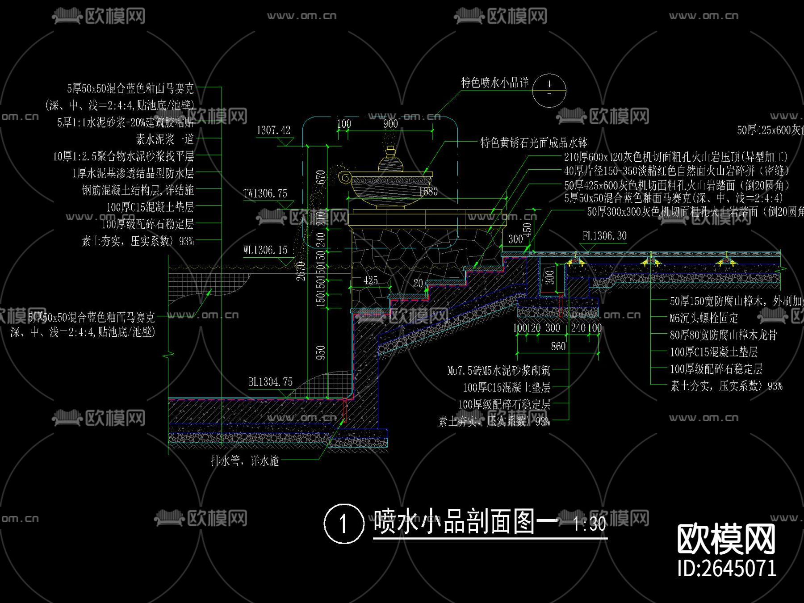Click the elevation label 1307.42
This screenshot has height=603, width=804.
tap(273, 130)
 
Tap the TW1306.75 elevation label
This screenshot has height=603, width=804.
tap(265, 193)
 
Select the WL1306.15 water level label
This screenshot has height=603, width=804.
tap(265, 250)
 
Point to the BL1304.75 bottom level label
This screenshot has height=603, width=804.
tap(270, 382)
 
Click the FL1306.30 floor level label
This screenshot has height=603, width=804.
tap(604, 236)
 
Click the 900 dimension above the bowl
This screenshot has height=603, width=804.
tap(390, 124)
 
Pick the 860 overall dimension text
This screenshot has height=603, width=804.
tap(558, 346)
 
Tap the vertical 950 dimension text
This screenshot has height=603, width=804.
tap(320, 352)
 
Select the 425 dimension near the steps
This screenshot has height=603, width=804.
tap(370, 281)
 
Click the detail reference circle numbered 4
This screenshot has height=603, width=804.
tap(549, 90)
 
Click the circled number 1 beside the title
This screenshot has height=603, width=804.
tap(343, 523)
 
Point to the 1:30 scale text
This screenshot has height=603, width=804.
tap(589, 523)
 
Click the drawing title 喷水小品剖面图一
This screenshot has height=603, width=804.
tap(465, 521)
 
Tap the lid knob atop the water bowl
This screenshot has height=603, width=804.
tap(390, 152)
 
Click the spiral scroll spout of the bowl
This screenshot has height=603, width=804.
tap(344, 177)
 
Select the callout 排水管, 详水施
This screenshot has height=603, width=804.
tap(245, 461)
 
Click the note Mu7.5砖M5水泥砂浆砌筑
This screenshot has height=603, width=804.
tap(499, 370)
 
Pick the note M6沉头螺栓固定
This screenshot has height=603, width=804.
tap(703, 318)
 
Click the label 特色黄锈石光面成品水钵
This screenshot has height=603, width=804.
tap(534, 143)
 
